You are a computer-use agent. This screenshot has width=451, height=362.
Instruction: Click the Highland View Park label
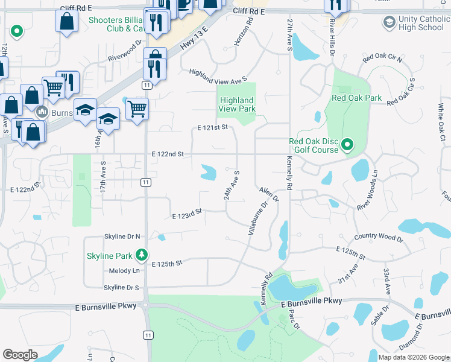tap(237, 104)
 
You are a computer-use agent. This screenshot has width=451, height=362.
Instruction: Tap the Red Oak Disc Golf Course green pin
tap(347, 145)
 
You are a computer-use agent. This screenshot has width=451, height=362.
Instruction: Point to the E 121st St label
tap(213, 127)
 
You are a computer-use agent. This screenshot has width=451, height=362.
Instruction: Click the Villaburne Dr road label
tap(257, 219)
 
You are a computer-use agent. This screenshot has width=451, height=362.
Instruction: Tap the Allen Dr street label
tap(270, 194)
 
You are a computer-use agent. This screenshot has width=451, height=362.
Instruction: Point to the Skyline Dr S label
tap(121, 287)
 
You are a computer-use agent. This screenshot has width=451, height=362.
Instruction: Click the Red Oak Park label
tap(357, 98)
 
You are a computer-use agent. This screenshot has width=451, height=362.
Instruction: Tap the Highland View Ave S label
tap(218, 76)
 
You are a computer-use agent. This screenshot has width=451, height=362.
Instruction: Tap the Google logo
tap(20, 355)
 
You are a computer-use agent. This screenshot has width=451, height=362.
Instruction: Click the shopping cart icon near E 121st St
tap(137, 109)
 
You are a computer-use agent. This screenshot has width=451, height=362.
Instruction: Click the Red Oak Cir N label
tap(382, 59)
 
